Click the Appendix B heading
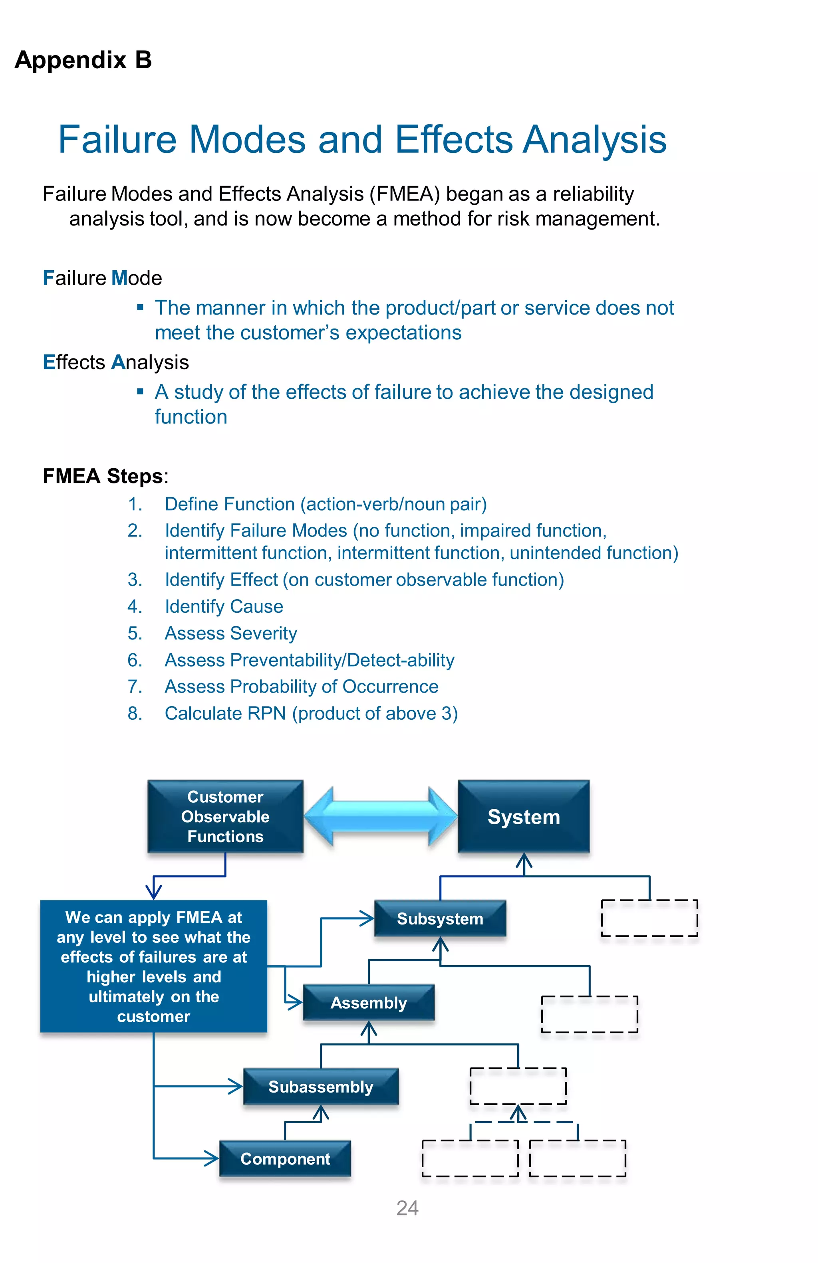(x=83, y=60)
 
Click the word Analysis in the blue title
(x=594, y=140)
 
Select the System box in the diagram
(x=523, y=817)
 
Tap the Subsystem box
(x=440, y=919)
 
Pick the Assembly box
(x=368, y=1002)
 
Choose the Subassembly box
(x=321, y=1086)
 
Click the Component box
(x=285, y=1158)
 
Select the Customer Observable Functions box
(x=225, y=817)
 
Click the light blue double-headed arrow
(x=380, y=817)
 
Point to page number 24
(x=407, y=1208)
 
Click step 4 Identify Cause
(x=224, y=606)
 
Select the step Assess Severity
(x=230, y=633)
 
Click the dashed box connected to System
(x=649, y=918)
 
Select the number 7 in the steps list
(x=134, y=687)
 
